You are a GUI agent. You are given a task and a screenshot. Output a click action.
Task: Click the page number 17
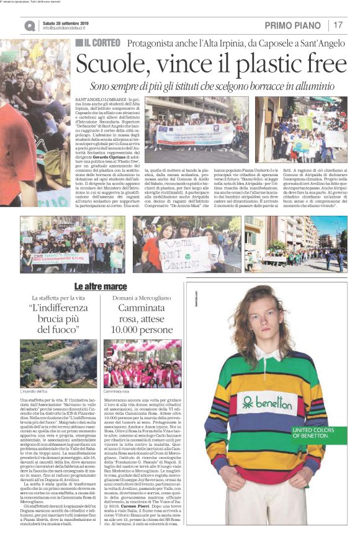[339, 25]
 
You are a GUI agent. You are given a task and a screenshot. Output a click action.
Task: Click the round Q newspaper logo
[30, 25]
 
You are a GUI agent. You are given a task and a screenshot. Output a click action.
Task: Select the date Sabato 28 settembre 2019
[67, 22]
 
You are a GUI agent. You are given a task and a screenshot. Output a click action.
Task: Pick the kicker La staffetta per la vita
[58, 299]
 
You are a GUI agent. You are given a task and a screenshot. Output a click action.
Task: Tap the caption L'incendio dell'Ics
[34, 392]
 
